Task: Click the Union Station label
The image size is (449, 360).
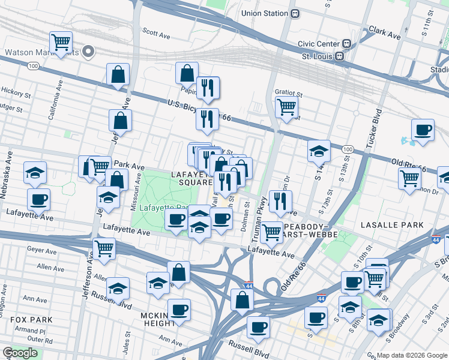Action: [264, 13]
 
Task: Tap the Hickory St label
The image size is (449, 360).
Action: [16, 94]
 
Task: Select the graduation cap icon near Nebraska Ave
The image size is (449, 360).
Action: [35, 172]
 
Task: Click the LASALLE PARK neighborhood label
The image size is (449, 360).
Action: [393, 224]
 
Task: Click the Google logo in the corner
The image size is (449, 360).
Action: [20, 353]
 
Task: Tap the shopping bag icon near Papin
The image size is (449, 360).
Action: [187, 73]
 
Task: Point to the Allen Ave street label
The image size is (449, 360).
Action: [50, 268]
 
